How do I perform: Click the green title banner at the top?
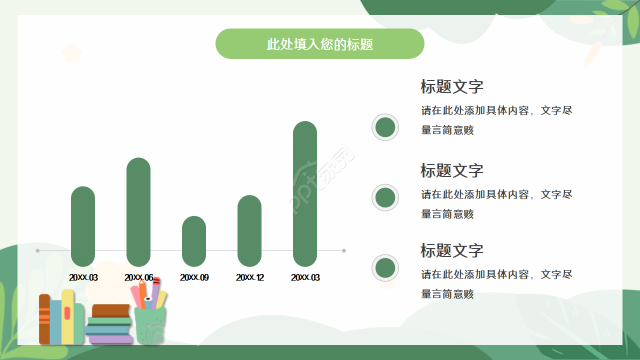coord(319,44)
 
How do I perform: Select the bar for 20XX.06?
coord(138,212)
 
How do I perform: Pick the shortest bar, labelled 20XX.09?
coord(194,241)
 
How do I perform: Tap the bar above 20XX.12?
coord(249,230)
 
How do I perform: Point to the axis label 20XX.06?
coord(138,277)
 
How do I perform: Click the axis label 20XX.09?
coord(194,277)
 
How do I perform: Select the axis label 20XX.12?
coord(249,277)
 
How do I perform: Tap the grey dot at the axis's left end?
coord(37,250)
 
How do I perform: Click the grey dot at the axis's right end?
coord(344,250)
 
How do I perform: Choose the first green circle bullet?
coord(385,127)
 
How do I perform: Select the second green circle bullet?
coord(385,197)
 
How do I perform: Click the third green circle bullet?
coord(385,268)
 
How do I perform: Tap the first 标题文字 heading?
coord(451,86)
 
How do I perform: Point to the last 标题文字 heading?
coord(451,250)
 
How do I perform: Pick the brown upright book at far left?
coord(44,320)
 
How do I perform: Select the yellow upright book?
coord(68,317)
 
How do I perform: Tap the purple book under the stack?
coord(111,339)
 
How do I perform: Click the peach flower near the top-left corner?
coord(71,53)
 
